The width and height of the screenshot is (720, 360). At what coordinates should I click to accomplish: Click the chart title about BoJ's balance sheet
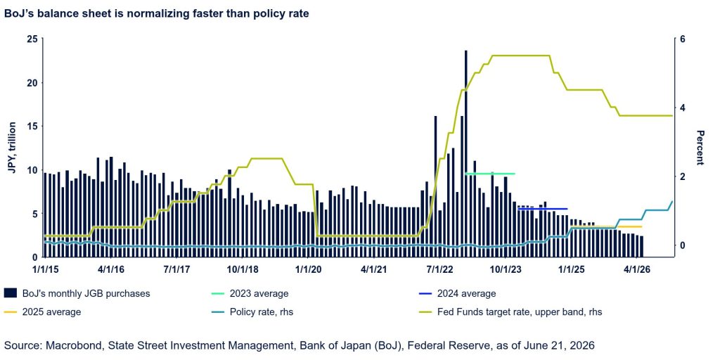157,14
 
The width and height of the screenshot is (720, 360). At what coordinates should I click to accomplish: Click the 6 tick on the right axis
682,39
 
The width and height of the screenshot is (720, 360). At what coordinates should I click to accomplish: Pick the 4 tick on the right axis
682,108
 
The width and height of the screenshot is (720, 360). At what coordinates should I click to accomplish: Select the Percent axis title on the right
700,148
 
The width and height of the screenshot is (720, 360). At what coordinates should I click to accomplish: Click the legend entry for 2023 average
248,293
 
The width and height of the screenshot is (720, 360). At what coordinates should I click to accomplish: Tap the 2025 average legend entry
43,312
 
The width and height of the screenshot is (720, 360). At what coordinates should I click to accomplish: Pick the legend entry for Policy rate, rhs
251,312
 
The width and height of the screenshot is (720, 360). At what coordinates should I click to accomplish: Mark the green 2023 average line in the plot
490,174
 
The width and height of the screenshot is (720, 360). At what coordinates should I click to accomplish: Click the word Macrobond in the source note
67,345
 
